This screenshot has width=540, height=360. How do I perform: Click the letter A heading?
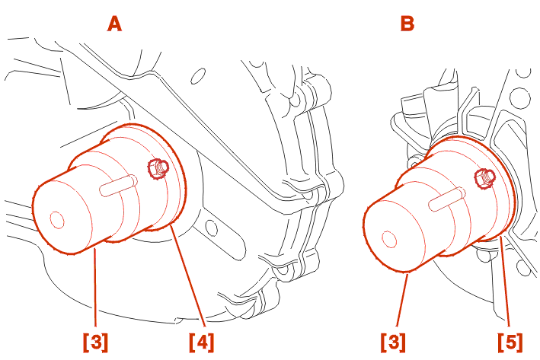114,24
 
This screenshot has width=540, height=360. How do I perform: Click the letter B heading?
407,24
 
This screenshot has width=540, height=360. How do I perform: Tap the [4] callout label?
202,342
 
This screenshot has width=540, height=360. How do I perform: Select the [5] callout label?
510,342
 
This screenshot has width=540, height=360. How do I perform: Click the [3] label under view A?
95,342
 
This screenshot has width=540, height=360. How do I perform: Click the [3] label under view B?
393,342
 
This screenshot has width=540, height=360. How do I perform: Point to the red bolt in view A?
158,168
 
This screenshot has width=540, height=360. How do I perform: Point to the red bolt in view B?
484,178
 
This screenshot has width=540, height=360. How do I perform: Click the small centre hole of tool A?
57,220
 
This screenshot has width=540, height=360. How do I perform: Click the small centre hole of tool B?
389,239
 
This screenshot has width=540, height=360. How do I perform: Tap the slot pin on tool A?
119,186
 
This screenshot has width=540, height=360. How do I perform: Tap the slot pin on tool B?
446,199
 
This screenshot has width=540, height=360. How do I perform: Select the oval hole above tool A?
198,76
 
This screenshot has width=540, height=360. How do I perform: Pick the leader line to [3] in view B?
402,299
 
